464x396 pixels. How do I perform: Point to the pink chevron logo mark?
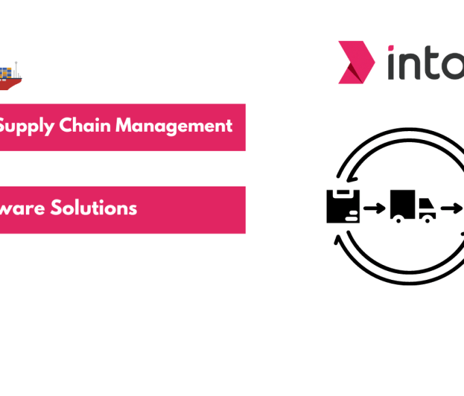click(x=356, y=62)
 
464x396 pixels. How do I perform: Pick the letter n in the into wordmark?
click(x=409, y=65)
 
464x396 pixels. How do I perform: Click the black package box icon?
click(x=343, y=206)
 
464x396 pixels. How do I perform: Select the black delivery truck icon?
click(x=413, y=206)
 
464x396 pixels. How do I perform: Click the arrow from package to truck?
click(x=374, y=208)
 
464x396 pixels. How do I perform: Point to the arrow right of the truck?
click(x=450, y=208)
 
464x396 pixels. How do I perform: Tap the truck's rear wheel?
click(x=398, y=220)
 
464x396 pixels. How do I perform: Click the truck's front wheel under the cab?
click(x=428, y=220)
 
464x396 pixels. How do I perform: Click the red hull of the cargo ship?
click(x=10, y=84)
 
